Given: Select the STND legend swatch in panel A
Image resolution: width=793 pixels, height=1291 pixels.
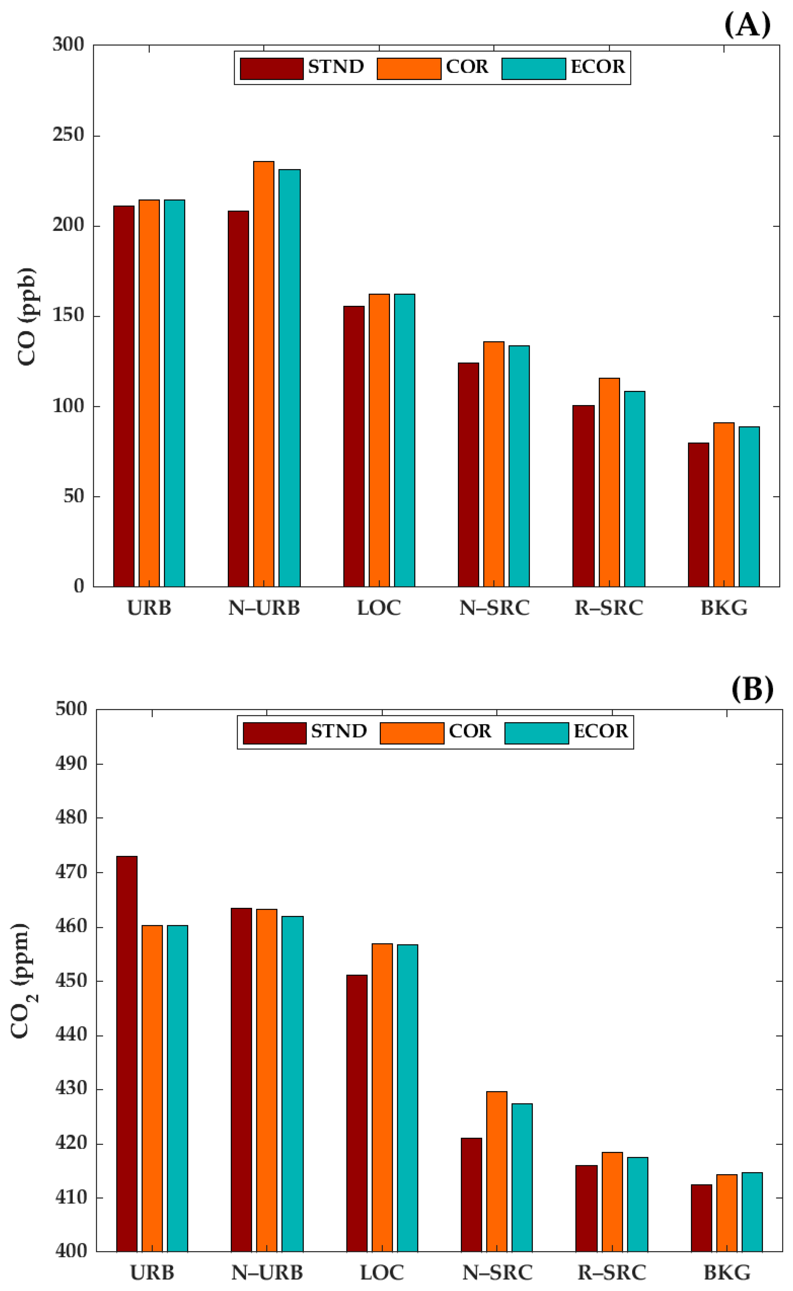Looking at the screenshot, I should (271, 69).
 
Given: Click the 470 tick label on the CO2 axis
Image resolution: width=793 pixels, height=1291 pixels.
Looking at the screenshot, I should (71, 872).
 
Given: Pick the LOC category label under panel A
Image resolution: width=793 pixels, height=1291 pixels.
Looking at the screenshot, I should (379, 608).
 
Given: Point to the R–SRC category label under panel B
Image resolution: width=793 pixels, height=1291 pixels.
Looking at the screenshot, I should (611, 1273).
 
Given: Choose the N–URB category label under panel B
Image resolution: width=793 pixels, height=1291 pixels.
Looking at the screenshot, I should (267, 1273).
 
